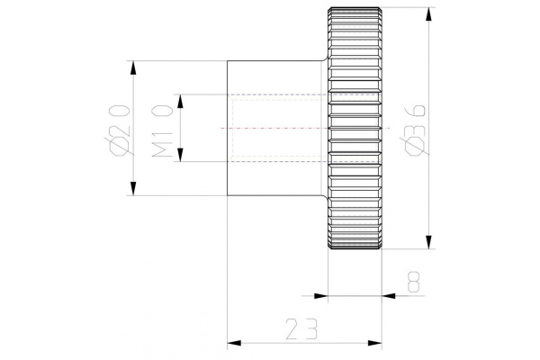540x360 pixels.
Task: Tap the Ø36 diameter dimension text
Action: click(413, 125)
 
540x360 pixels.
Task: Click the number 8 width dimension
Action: click(413, 282)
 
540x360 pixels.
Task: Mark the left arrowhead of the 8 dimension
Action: click(319, 294)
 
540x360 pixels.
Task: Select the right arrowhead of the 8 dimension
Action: click(390, 294)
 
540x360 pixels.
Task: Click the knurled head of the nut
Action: click(355, 128)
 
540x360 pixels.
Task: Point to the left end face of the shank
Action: click(227, 128)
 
